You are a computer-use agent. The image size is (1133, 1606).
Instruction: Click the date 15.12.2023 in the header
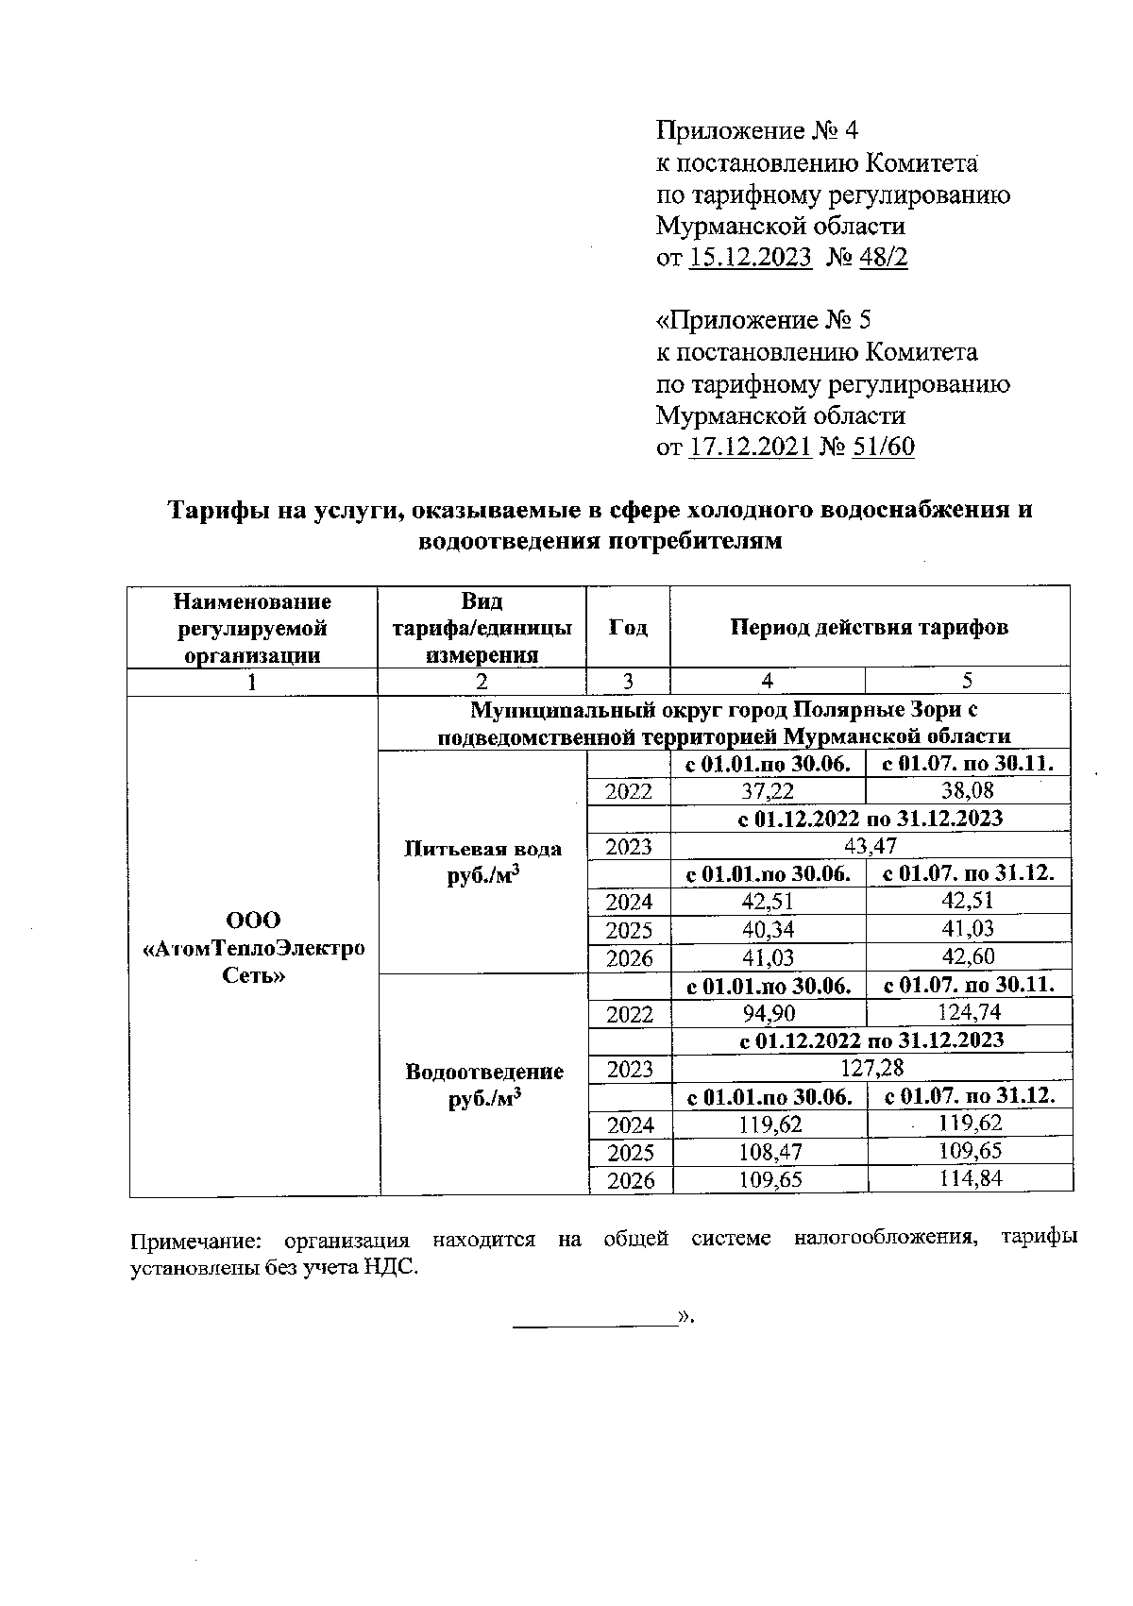click(751, 258)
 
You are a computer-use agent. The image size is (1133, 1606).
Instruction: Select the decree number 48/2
click(882, 258)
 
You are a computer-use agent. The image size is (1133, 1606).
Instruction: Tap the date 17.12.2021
click(751, 448)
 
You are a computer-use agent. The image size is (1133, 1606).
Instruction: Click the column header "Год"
click(628, 627)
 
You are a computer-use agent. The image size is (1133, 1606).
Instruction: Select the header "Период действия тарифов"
click(870, 627)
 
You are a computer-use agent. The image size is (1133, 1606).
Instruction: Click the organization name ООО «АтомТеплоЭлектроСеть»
click(253, 947)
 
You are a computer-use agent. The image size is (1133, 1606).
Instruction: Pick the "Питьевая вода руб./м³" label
click(482, 861)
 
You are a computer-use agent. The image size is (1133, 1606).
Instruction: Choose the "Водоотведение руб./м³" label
click(484, 1084)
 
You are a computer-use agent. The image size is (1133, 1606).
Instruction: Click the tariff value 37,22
click(768, 791)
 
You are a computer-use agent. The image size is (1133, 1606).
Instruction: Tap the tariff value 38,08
click(968, 791)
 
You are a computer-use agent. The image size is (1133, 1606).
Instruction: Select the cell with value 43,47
click(871, 846)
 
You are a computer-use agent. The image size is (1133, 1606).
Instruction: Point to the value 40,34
click(768, 929)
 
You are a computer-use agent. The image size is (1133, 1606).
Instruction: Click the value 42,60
click(968, 956)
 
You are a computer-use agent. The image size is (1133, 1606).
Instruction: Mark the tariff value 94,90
click(769, 1014)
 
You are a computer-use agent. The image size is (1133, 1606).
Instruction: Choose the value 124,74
click(969, 1013)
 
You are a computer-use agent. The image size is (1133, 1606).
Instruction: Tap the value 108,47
click(769, 1152)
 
